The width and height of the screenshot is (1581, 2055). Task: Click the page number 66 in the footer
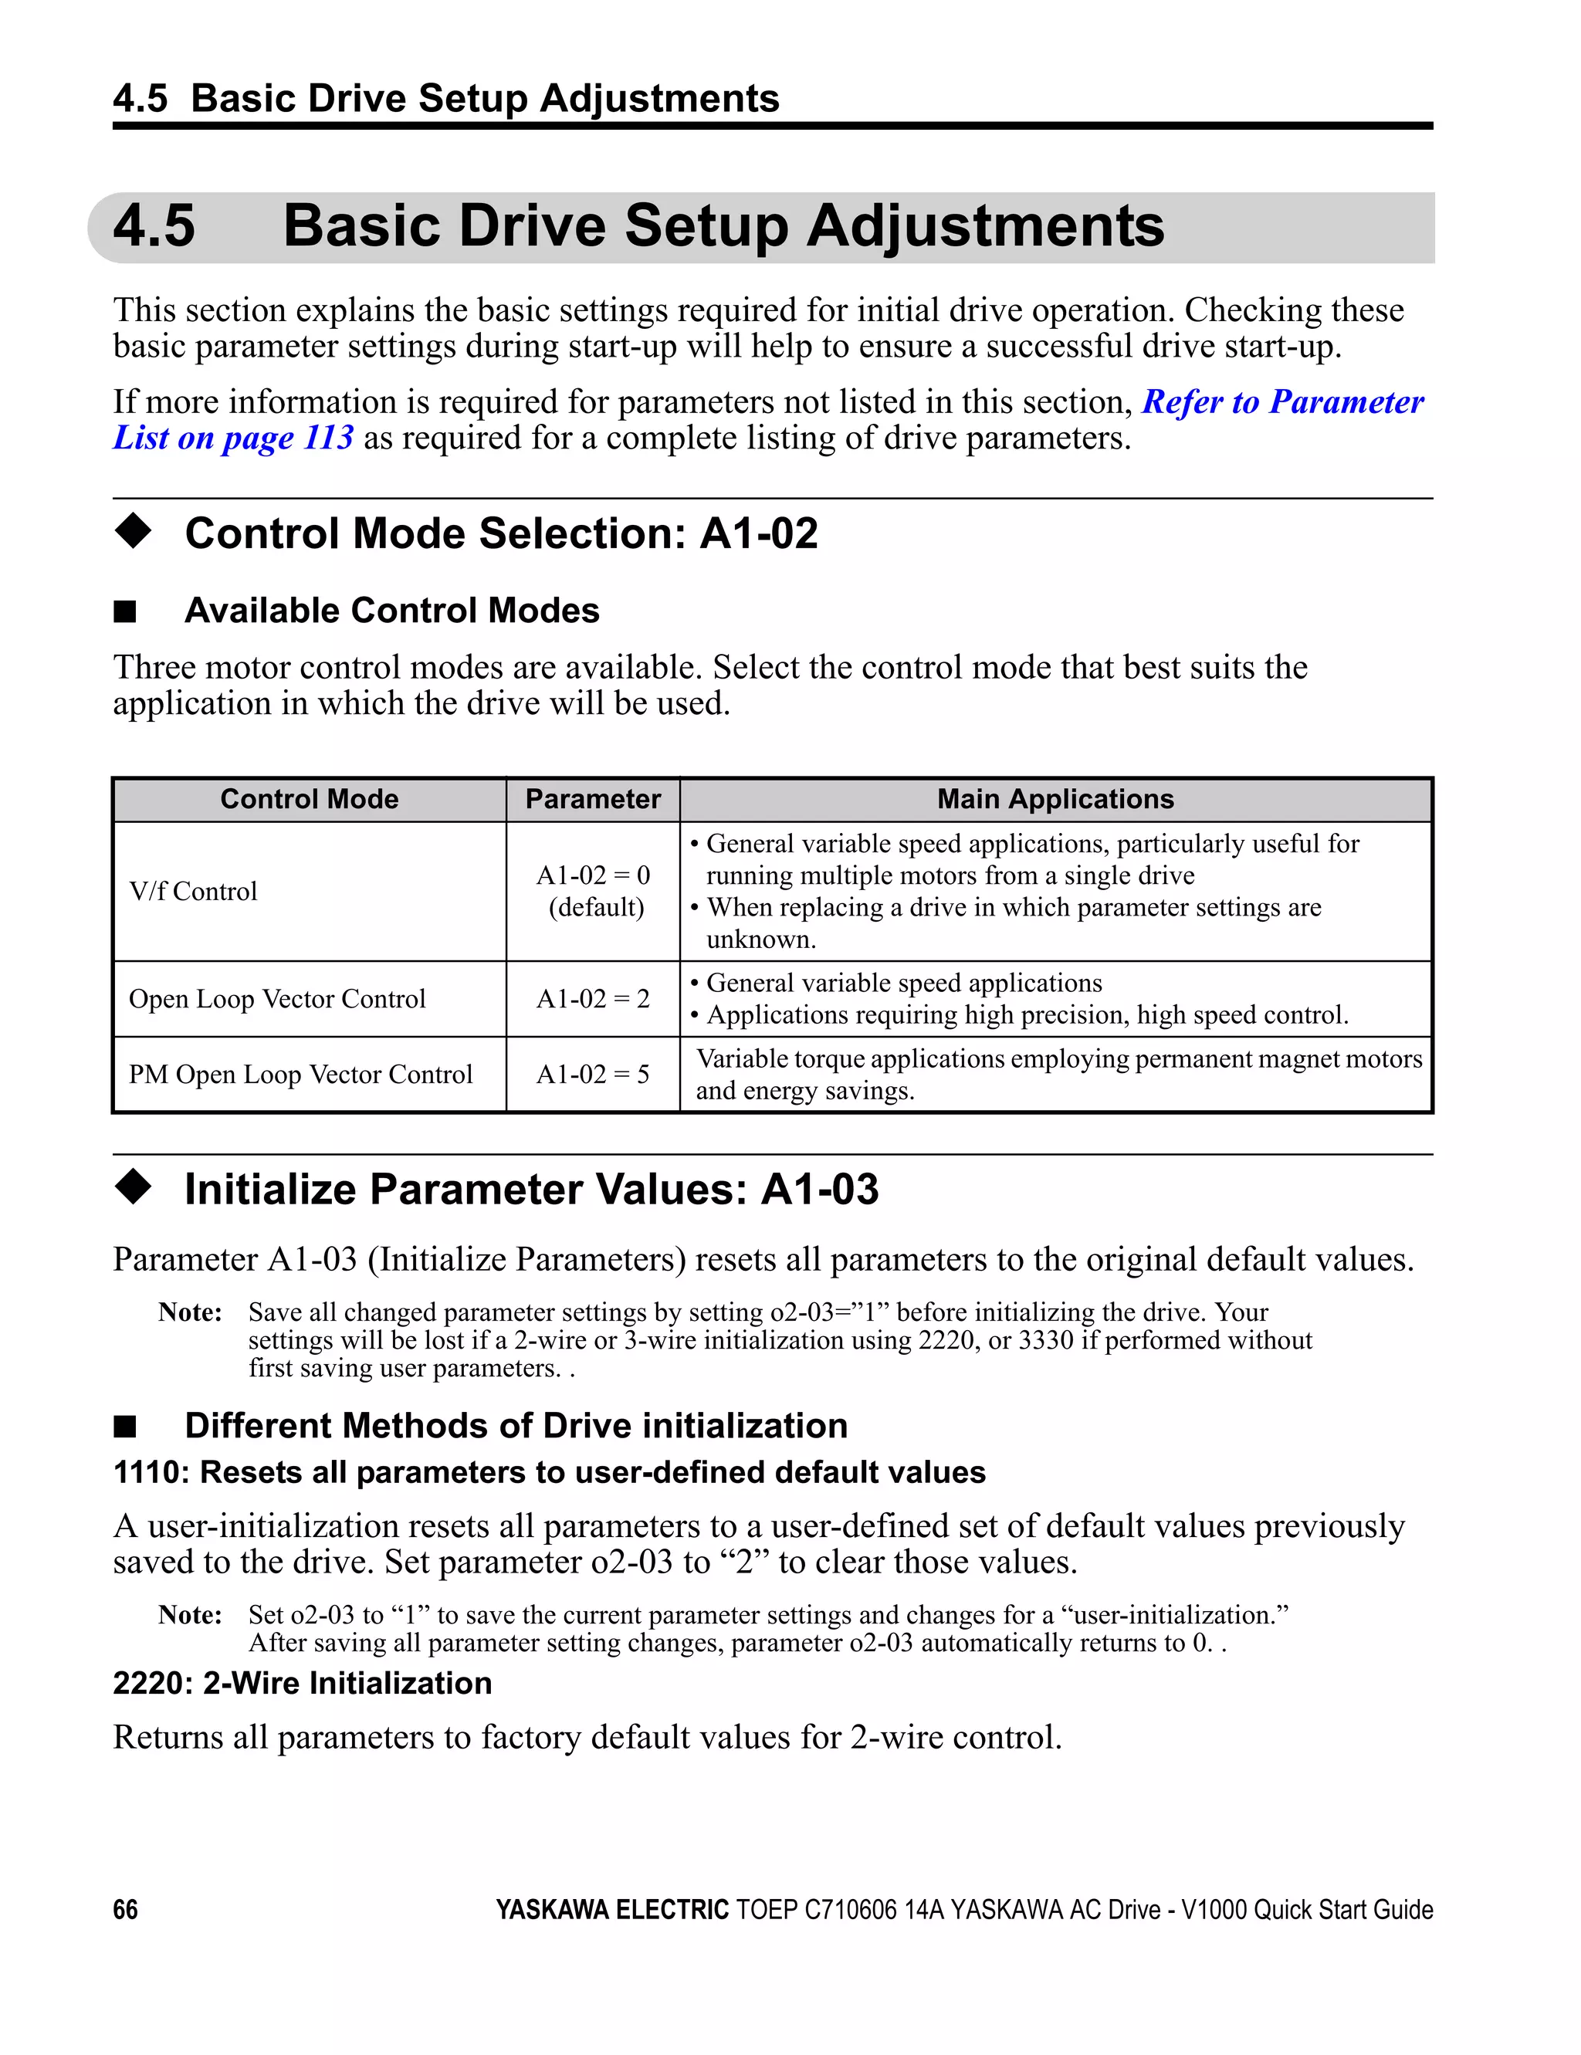[x=125, y=1909]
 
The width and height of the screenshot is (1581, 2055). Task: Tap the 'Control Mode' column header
[x=309, y=799]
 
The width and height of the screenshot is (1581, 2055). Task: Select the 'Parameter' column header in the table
[x=592, y=799]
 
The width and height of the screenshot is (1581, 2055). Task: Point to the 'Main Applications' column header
[x=1055, y=799]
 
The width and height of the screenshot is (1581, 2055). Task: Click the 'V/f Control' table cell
[x=193, y=891]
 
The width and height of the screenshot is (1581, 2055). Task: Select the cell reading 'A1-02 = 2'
[x=592, y=998]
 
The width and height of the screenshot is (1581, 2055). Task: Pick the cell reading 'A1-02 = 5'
[x=592, y=1075]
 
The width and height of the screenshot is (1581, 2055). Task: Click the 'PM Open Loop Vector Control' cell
[x=300, y=1075]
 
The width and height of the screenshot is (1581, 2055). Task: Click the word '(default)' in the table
[x=596, y=907]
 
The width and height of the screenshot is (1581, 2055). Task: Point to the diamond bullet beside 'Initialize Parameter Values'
[x=133, y=1187]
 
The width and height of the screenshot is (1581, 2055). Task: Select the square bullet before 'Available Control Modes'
[x=125, y=611]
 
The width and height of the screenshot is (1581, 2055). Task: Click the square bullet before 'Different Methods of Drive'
[x=125, y=1427]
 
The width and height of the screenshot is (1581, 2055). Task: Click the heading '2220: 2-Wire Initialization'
[x=302, y=1682]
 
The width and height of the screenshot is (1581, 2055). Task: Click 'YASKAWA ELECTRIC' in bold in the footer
[x=611, y=1909]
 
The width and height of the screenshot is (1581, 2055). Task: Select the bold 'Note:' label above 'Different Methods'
[x=190, y=1312]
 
